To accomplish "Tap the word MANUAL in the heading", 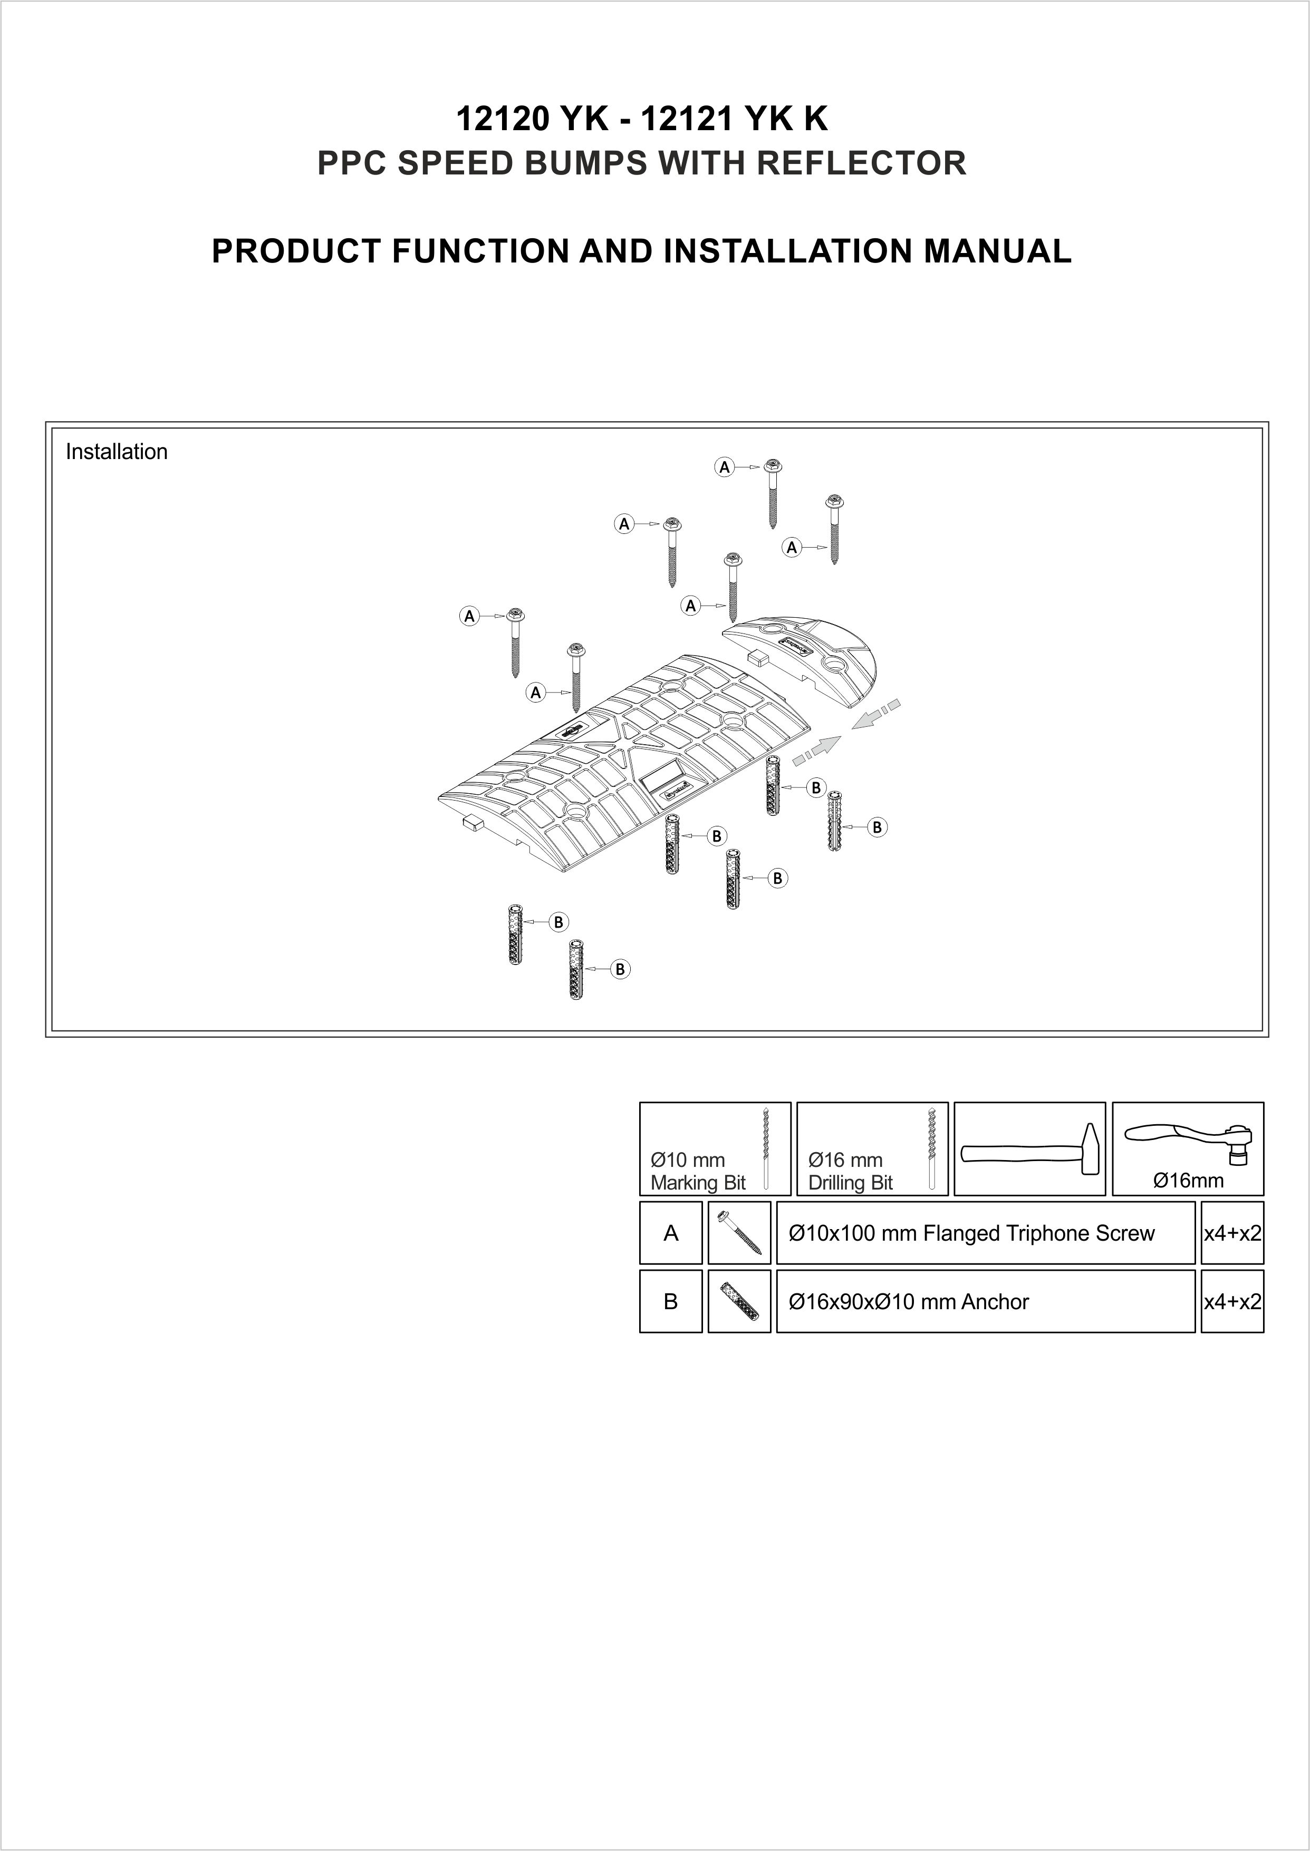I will pyautogui.click(x=997, y=251).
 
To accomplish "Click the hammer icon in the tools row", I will pyautogui.click(x=1029, y=1149).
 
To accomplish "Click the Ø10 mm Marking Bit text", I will pyautogui.click(x=698, y=1172).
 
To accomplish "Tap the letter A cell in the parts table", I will pyautogui.click(x=670, y=1233).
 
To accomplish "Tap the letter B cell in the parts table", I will pyautogui.click(x=670, y=1301).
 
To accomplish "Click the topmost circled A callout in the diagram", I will pyautogui.click(x=725, y=467).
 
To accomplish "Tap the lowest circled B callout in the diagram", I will pyautogui.click(x=620, y=969).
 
